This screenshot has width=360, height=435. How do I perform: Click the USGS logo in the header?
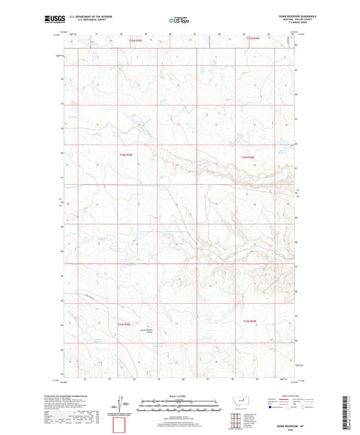[x=54, y=20]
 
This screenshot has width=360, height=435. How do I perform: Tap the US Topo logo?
[x=179, y=21]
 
